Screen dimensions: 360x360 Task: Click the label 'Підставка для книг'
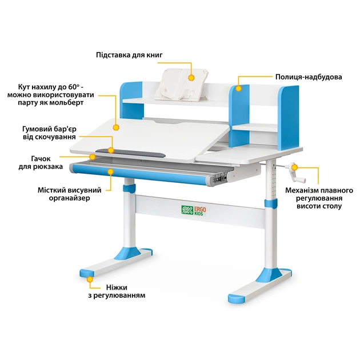(x=129, y=55)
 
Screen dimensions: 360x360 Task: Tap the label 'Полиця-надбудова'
(x=309, y=77)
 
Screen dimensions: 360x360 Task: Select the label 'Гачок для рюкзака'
(x=46, y=162)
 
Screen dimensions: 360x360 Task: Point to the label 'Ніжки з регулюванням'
(x=118, y=291)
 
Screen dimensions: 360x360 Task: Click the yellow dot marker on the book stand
(x=193, y=77)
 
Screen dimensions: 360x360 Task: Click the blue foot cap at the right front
(x=239, y=298)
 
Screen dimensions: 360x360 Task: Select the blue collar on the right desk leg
(x=270, y=203)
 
